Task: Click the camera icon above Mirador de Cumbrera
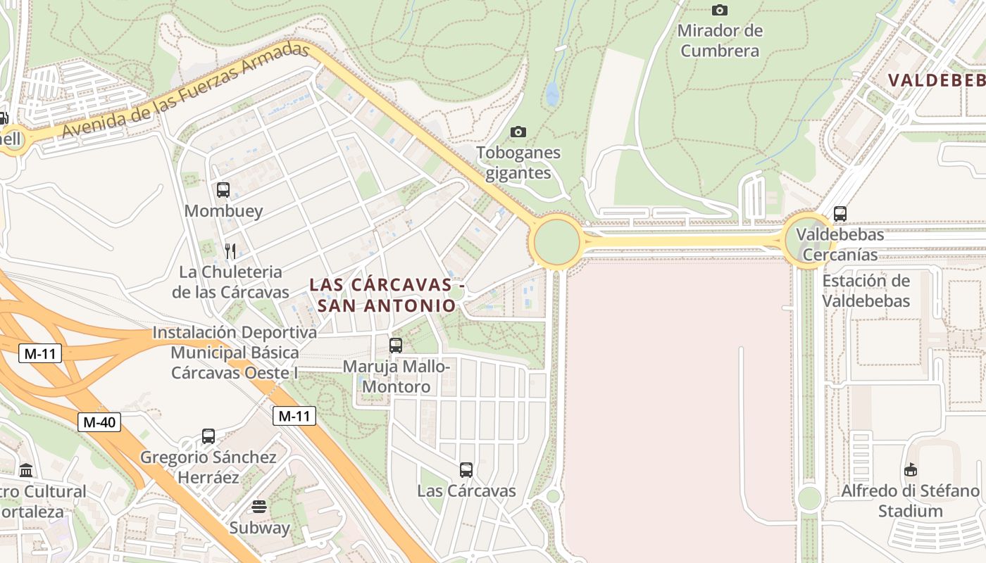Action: tap(719, 10)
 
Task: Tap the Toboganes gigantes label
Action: tap(518, 163)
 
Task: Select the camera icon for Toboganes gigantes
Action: tap(518, 132)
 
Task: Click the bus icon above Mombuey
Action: tap(223, 190)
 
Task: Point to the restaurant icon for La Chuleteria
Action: tap(230, 251)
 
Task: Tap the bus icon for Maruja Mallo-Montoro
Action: tap(396, 346)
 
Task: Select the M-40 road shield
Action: tap(99, 422)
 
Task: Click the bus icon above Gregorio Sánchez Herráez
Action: tap(208, 436)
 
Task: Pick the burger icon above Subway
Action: tap(259, 507)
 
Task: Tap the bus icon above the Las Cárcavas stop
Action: tap(466, 470)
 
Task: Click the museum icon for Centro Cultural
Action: tap(26, 470)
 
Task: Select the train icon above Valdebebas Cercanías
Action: tap(840, 214)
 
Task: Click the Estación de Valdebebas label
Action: tap(866, 291)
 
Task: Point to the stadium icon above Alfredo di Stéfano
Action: tap(911, 469)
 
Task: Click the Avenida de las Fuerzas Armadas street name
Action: tap(186, 91)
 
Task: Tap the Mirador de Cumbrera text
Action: tap(720, 41)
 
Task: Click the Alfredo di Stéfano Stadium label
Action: tap(911, 500)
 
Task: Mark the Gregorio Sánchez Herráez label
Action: tap(208, 467)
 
